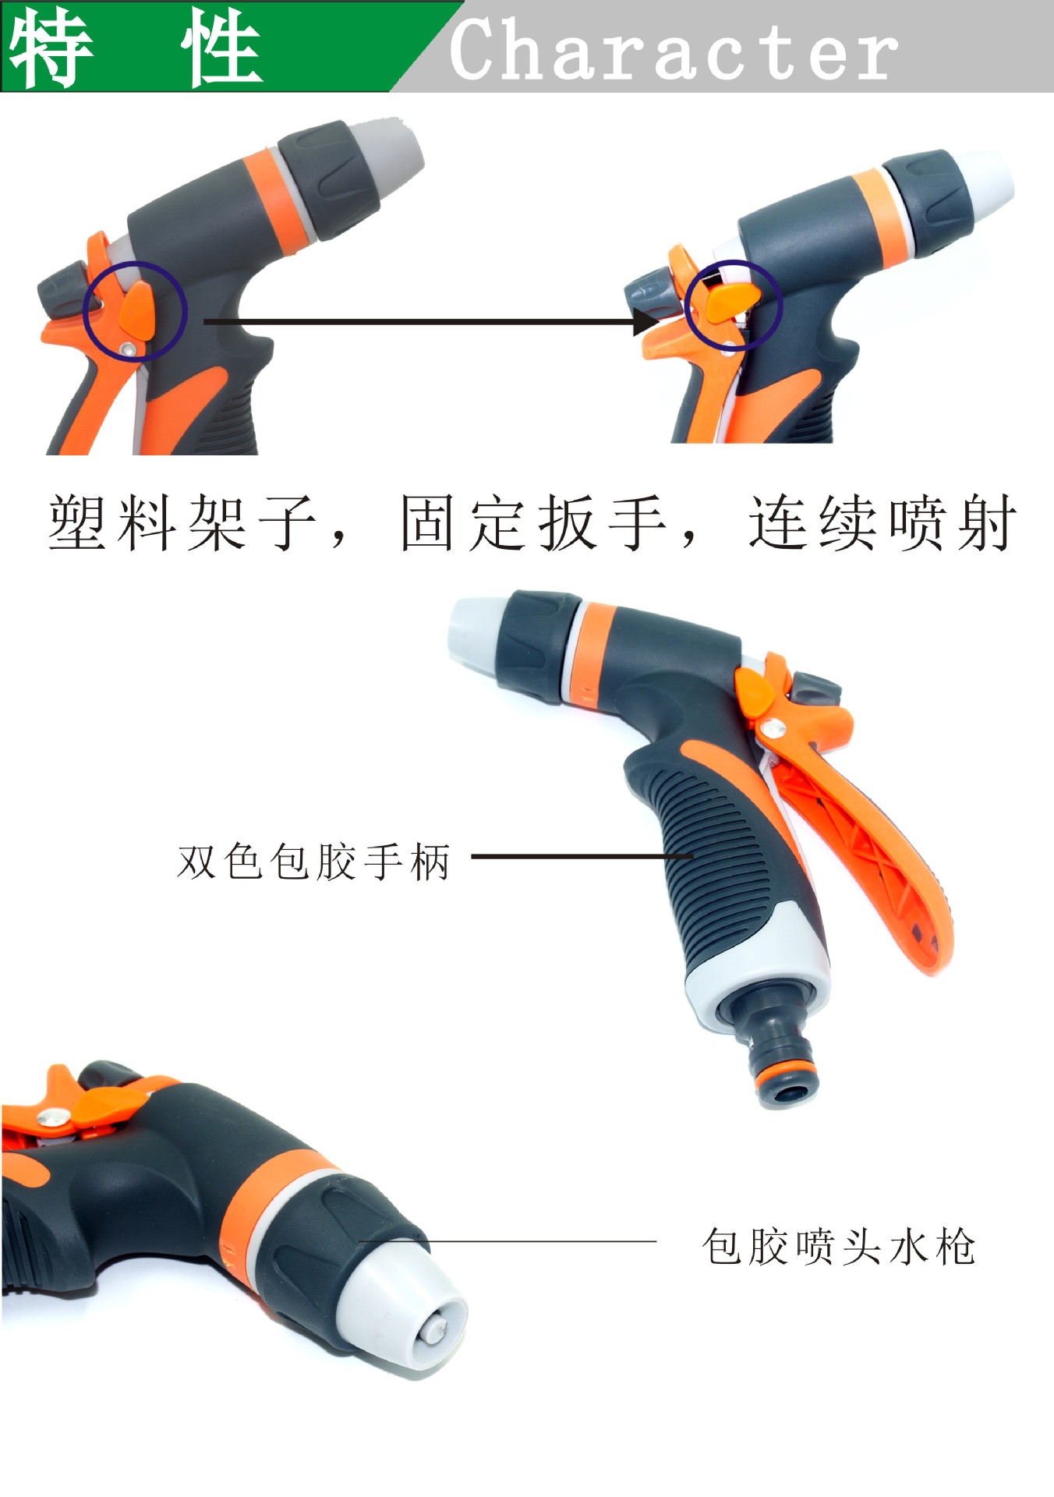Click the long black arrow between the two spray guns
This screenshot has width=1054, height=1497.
point(421,321)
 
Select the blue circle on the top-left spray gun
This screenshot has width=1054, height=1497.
point(135,310)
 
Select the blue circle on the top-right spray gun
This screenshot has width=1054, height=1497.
point(733,304)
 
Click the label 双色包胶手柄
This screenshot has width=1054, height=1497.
point(313,862)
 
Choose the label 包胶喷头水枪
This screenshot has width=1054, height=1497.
point(838,1247)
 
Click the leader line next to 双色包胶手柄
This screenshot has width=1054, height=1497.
point(581,856)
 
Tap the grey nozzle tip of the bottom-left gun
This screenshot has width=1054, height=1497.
point(405,1298)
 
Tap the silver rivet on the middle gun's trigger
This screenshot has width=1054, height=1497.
point(773,729)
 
